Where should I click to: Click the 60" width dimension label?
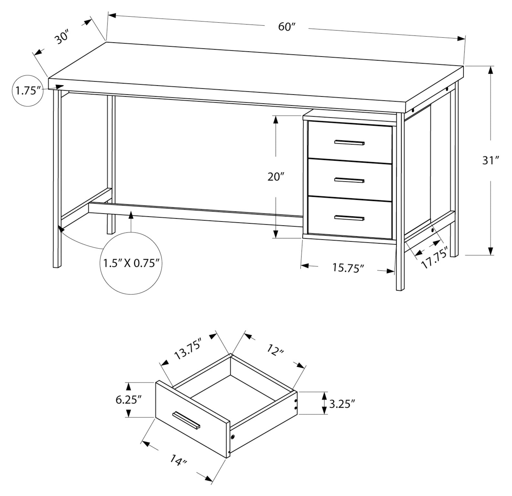click(x=287, y=27)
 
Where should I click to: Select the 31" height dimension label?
click(x=491, y=160)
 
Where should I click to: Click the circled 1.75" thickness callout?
click(x=27, y=91)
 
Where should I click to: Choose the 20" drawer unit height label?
click(x=276, y=177)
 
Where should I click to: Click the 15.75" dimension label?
click(x=348, y=268)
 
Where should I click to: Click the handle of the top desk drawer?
click(x=349, y=142)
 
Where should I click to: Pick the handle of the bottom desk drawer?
click(x=349, y=218)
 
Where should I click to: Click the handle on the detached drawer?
click(x=186, y=420)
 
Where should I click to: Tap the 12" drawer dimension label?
click(x=275, y=351)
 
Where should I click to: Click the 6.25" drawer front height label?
click(x=129, y=400)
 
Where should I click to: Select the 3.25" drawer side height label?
click(x=342, y=403)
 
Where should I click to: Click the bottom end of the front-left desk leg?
click(x=57, y=266)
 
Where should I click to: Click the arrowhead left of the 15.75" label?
click(x=305, y=266)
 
